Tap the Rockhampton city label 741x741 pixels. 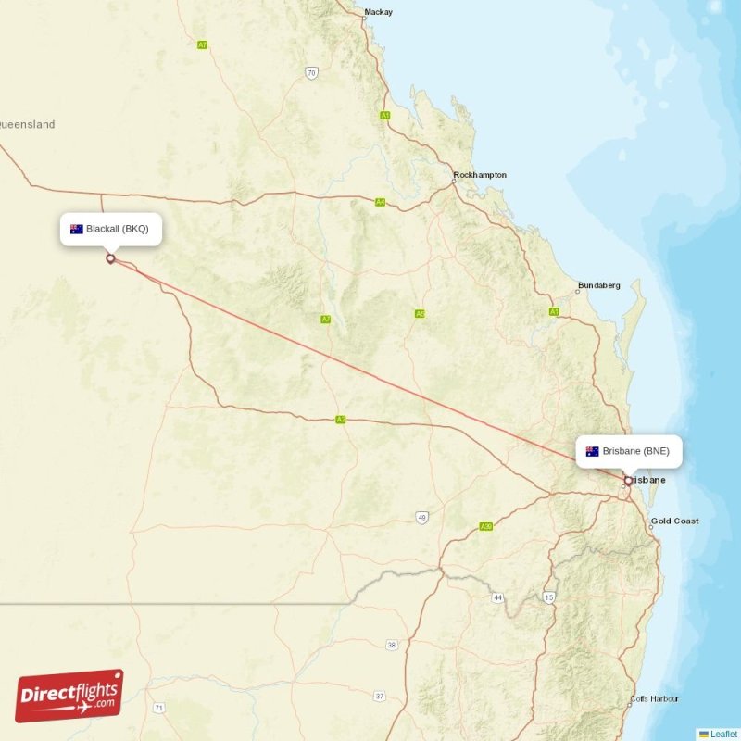[x=480, y=175]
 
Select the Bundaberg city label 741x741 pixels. [x=598, y=285]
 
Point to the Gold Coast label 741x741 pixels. [x=674, y=521]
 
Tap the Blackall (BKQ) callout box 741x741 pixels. [x=111, y=229]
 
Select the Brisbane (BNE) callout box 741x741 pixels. [x=629, y=451]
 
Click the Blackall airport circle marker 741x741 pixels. [x=110, y=258]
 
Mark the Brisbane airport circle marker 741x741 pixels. [x=628, y=480]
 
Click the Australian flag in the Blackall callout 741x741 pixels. [x=77, y=229]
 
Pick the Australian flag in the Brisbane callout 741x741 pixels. [x=592, y=451]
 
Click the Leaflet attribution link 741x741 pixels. [x=722, y=734]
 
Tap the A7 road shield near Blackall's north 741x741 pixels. [x=202, y=44]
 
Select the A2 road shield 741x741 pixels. [x=341, y=420]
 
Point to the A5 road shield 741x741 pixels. [x=420, y=314]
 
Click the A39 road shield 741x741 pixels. [x=485, y=527]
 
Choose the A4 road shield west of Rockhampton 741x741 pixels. [x=380, y=202]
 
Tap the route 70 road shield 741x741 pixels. [x=311, y=72]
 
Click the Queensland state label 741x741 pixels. [x=27, y=124]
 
